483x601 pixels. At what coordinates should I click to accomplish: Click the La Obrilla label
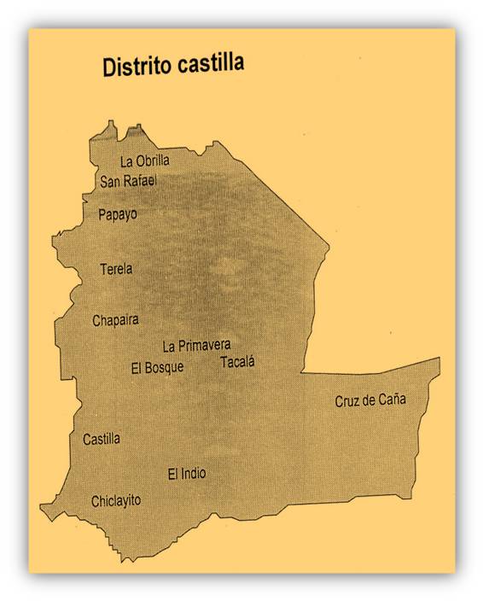point(144,160)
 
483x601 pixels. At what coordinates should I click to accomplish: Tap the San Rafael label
point(128,180)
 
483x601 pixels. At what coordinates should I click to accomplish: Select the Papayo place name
point(118,214)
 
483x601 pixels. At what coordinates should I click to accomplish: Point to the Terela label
point(116,268)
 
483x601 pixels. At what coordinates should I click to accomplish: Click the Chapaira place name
point(115,321)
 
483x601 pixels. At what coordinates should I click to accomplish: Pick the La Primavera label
point(196,346)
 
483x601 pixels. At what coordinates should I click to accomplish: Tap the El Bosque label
point(157,368)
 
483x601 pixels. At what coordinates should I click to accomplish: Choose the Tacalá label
point(237,362)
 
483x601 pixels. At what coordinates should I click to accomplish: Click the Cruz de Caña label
point(370,400)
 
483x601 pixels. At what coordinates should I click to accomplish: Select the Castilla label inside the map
point(102,439)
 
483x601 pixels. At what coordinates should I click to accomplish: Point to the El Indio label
point(186,473)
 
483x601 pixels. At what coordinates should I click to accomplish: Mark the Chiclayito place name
point(116,501)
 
